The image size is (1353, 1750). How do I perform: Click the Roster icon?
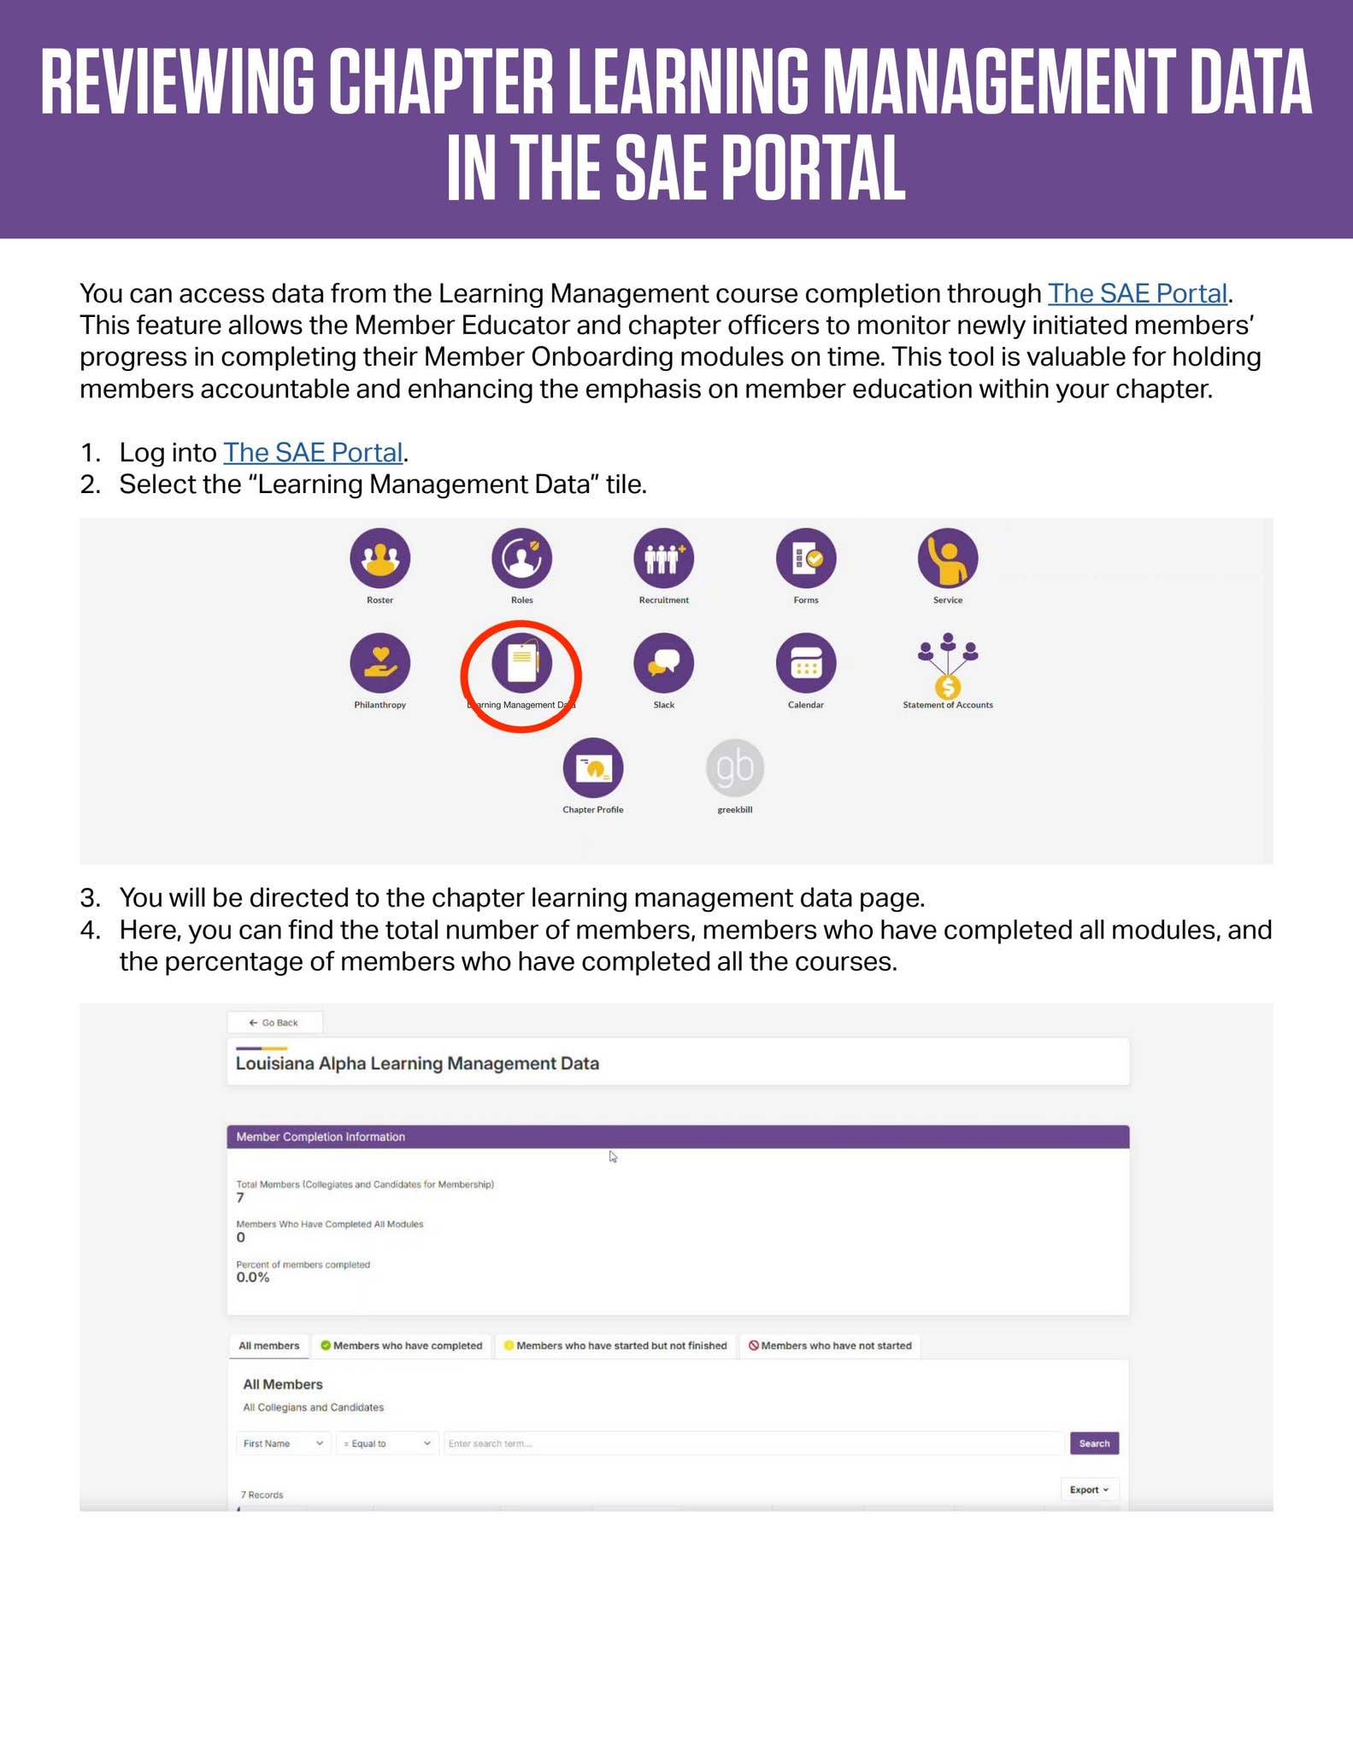coord(379,558)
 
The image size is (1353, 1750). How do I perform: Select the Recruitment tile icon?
coord(663,558)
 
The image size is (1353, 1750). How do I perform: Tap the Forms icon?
coord(805,558)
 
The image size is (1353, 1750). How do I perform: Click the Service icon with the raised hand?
coord(947,558)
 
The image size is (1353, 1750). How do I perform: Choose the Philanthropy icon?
coord(379,663)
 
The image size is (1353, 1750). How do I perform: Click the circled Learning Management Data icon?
coord(521,663)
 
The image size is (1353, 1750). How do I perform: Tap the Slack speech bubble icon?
coord(663,663)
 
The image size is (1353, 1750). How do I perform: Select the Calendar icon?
coord(805,663)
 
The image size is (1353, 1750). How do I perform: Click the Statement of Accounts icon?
coord(947,666)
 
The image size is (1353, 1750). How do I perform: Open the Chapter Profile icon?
coord(592,767)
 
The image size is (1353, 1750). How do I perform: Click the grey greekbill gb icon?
coord(734,767)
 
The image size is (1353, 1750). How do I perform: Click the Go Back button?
coord(274,1022)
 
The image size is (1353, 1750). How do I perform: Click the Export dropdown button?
coord(1089,1489)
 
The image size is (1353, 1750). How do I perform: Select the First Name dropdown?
coord(283,1443)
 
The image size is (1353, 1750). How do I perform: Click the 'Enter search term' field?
coord(752,1443)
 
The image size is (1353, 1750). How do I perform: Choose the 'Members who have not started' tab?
coord(830,1345)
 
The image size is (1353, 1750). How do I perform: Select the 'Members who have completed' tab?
coord(402,1345)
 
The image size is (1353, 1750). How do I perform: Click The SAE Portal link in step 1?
coord(312,452)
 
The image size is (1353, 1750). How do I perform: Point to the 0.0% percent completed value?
coord(253,1277)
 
